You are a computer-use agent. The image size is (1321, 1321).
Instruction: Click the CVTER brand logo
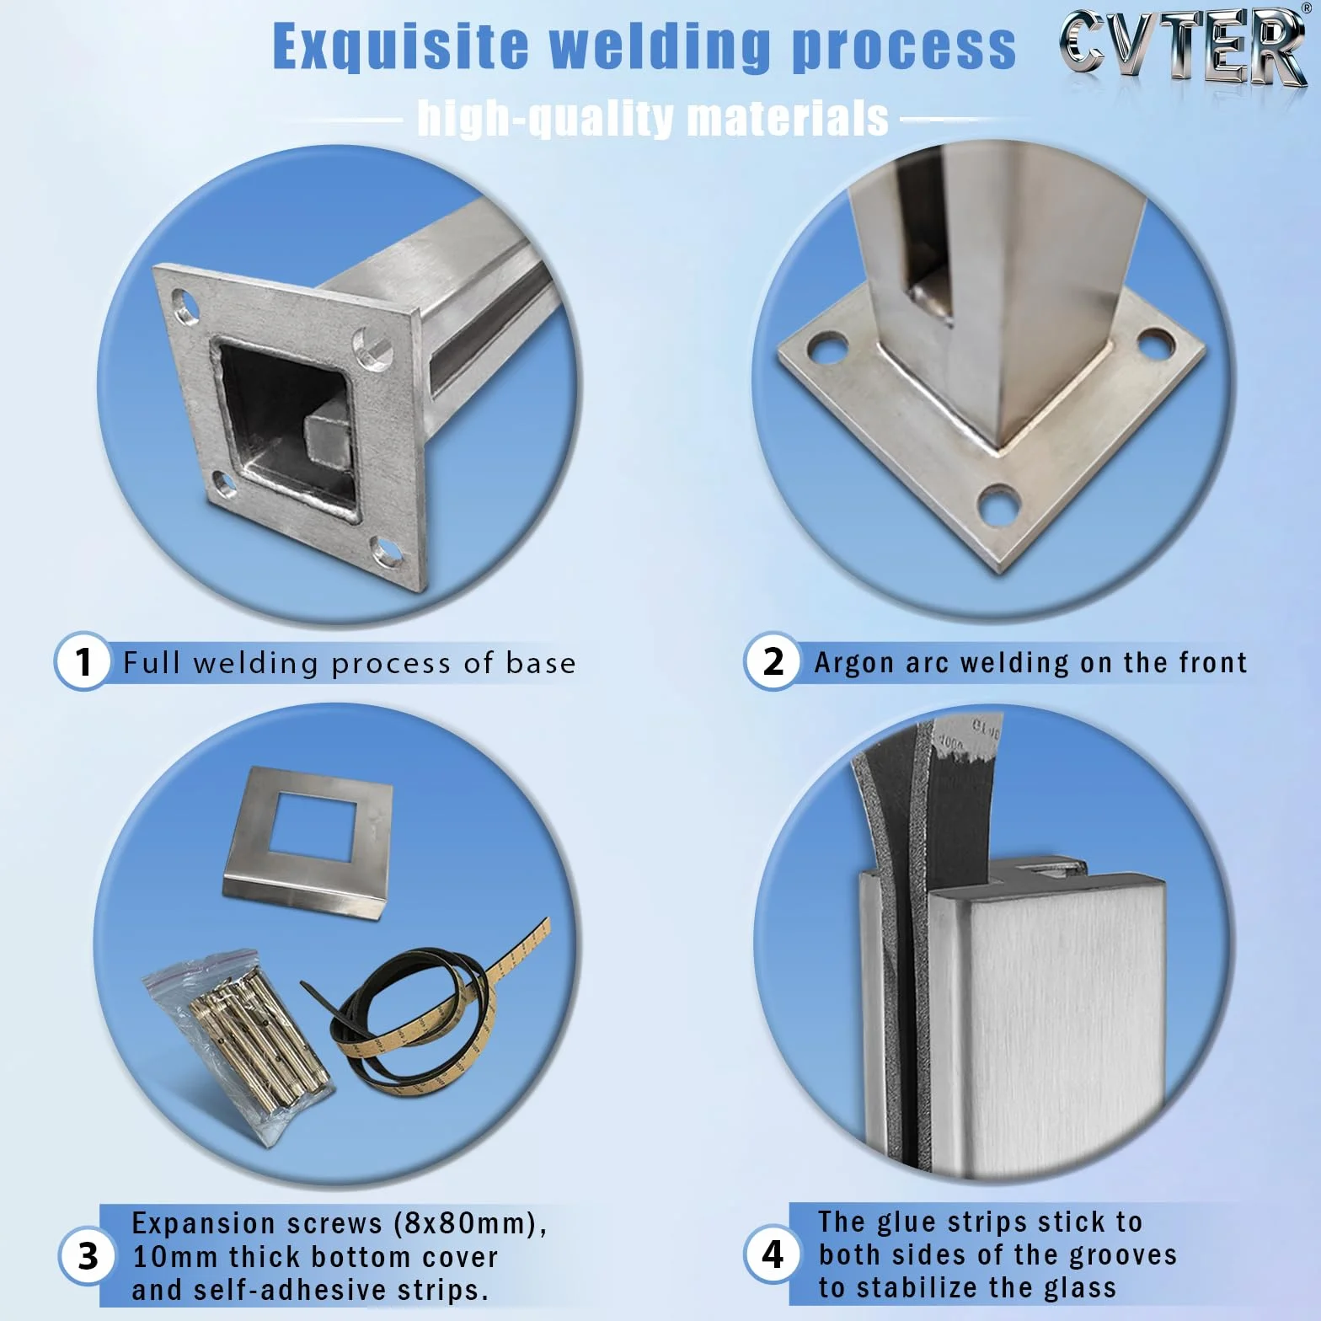pos(1184,49)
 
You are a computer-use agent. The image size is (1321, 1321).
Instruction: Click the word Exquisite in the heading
pos(400,46)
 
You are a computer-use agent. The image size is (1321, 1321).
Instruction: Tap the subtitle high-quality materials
pos(653,118)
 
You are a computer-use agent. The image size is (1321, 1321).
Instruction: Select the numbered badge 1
pos(83,661)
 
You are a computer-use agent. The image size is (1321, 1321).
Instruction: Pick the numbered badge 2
pos(772,661)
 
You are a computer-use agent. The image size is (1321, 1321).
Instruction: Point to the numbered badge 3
pos(88,1256)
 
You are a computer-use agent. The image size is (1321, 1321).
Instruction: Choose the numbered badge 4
pos(772,1254)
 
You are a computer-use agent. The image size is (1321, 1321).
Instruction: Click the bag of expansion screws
pos(238,1046)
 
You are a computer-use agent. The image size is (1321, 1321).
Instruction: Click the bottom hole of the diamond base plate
pos(999,506)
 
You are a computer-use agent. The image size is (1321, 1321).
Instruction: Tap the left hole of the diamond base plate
pos(826,346)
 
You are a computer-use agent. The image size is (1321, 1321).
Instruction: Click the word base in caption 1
pos(541,663)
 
